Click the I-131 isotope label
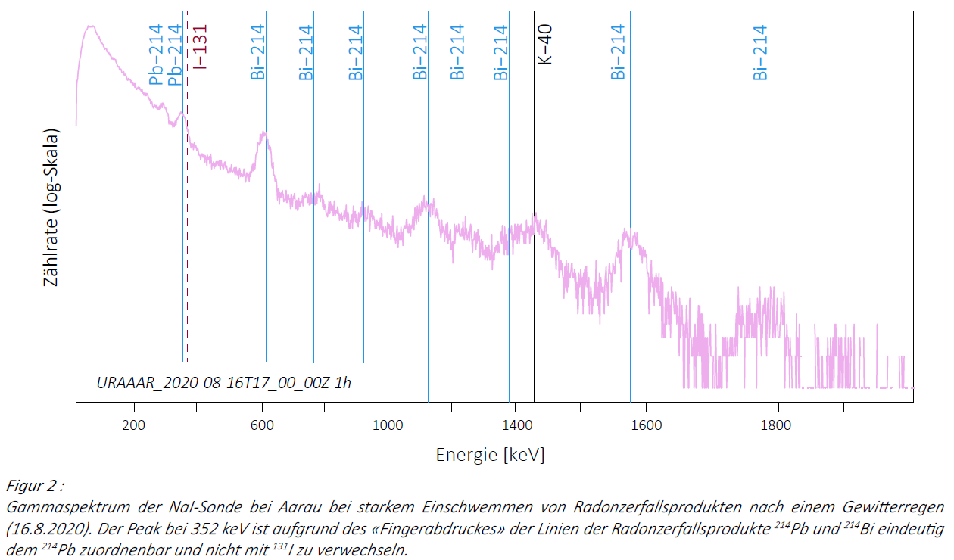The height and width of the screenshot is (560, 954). point(200,47)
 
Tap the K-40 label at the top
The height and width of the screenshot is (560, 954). point(545,45)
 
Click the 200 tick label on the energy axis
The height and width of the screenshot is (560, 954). point(134,425)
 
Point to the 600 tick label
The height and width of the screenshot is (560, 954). point(262,425)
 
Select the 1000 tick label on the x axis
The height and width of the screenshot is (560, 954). point(388,425)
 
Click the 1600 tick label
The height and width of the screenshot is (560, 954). point(646,425)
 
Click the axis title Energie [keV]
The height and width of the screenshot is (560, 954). point(490,455)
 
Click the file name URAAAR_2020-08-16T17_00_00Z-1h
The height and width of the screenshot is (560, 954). point(224,382)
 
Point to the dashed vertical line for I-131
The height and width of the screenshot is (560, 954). point(187,227)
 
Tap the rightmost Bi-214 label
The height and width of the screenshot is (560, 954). point(760,52)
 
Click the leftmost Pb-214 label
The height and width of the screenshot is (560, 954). point(156,58)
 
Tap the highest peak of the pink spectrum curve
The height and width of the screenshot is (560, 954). point(91,27)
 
